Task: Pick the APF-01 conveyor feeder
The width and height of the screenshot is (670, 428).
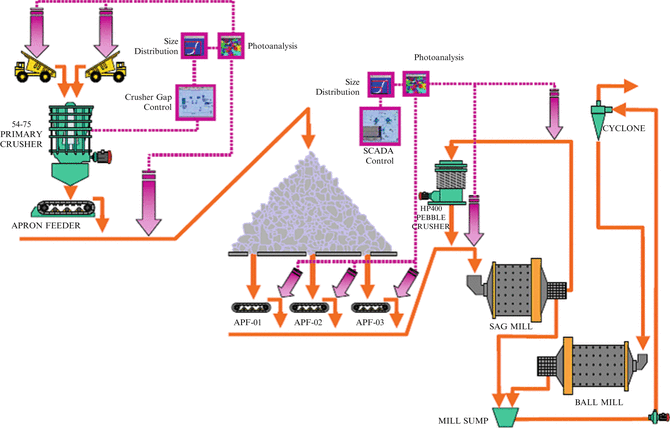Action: click(x=246, y=306)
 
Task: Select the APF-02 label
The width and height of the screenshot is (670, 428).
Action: click(x=310, y=323)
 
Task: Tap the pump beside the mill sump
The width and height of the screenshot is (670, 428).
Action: click(x=658, y=416)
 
